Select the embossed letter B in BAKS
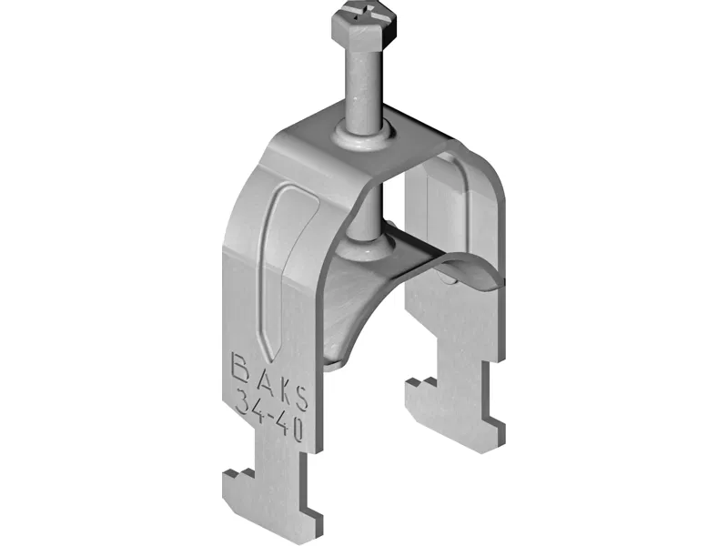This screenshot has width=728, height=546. click(x=242, y=368)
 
